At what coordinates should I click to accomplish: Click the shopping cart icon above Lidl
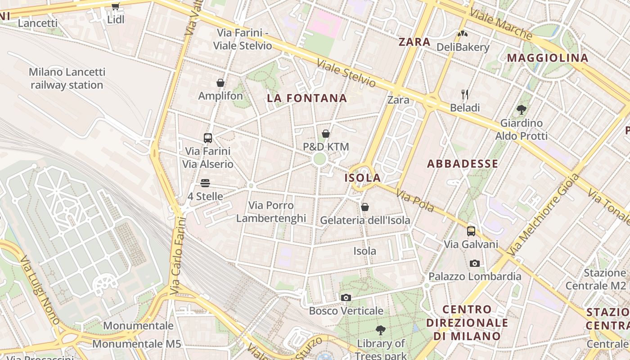point(115,6)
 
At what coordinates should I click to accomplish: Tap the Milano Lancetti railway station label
point(67,78)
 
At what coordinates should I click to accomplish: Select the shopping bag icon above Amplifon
point(220,83)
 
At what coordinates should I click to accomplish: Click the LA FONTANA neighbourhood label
point(307,98)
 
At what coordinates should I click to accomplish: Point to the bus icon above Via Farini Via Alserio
point(207,138)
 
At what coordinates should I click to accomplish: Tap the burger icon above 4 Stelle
point(205,183)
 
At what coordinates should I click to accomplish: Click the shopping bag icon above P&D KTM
point(326,134)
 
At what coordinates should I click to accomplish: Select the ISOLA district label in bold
point(363,178)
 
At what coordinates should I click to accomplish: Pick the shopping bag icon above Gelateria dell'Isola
point(365,207)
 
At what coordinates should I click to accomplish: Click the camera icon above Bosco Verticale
point(346,297)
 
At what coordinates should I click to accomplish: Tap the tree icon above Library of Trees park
point(381,330)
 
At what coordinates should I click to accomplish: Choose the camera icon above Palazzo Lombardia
point(474,263)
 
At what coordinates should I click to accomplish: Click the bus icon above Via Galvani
point(471,231)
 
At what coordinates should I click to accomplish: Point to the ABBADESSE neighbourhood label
point(463,164)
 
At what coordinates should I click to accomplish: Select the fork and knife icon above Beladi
point(465,94)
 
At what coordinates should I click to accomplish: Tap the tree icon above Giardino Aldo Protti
point(522,109)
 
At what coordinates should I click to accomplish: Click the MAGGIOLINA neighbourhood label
point(548,58)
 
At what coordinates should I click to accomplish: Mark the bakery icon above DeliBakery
point(462,34)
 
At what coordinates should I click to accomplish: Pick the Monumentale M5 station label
point(136,344)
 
